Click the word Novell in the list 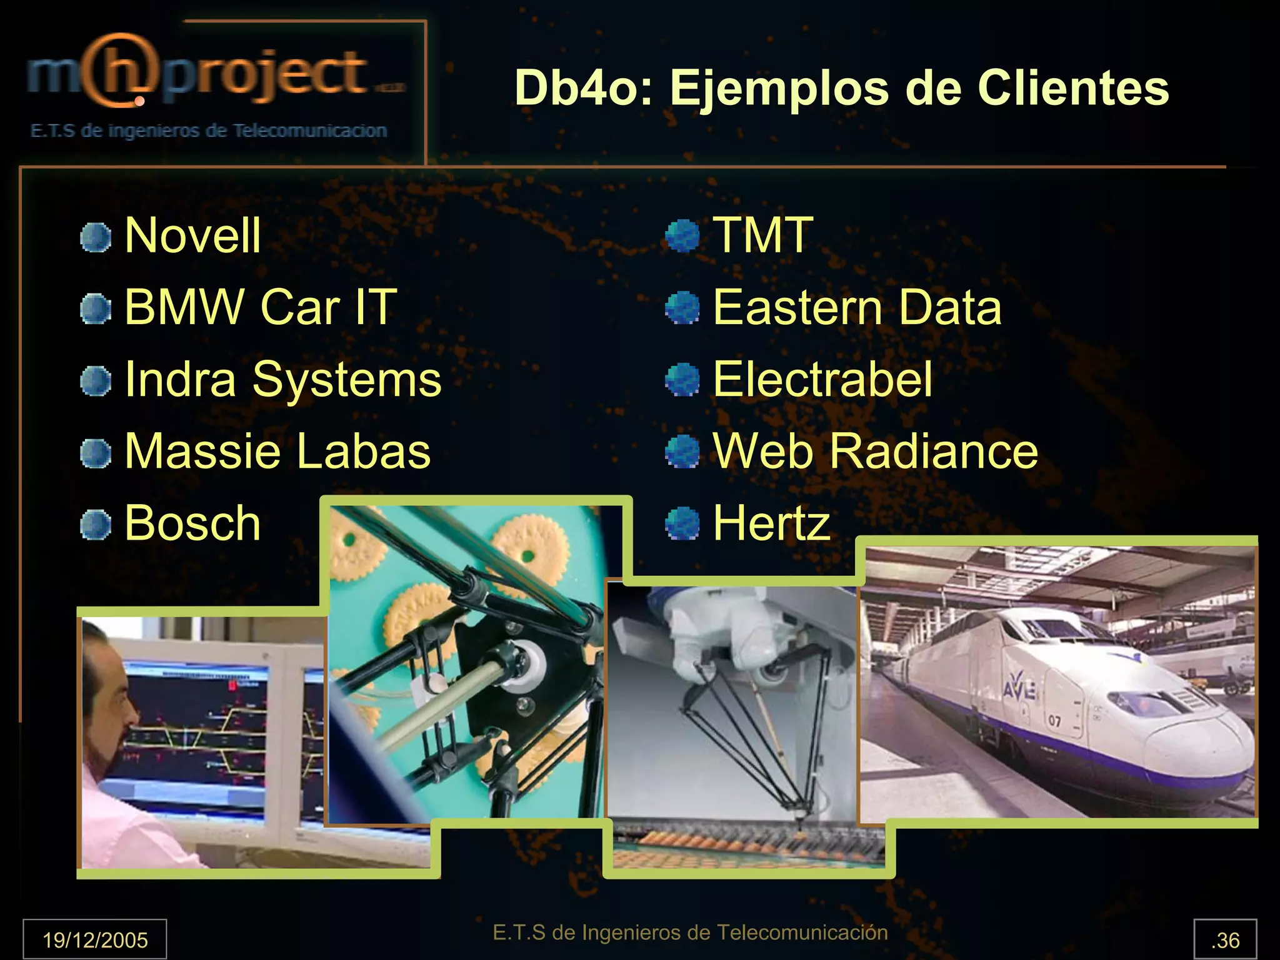pos(192,235)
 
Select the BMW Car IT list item pos(260,307)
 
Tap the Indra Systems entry pos(282,379)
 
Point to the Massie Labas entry pos(277,451)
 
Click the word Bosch pos(192,523)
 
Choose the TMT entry pos(762,235)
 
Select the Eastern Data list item pos(857,307)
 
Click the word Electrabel pos(822,379)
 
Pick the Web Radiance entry pos(875,451)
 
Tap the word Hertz pos(771,523)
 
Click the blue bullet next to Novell pos(96,238)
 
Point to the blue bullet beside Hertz pos(682,523)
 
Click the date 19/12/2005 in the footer pos(95,939)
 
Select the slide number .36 pos(1225,940)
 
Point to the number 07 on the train pos(1055,721)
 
